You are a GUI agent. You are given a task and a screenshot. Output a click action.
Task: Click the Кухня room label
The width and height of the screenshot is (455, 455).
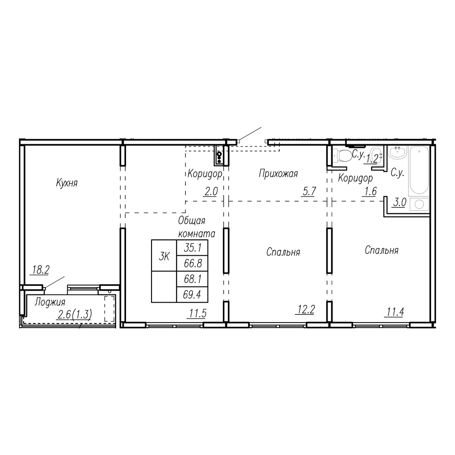tap(67, 183)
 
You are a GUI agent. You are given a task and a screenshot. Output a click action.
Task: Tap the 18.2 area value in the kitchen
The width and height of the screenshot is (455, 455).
tap(40, 270)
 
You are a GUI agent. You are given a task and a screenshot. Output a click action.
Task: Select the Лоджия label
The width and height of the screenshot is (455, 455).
tap(50, 303)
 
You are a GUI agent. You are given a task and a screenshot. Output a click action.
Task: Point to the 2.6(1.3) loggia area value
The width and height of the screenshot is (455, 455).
tap(75, 314)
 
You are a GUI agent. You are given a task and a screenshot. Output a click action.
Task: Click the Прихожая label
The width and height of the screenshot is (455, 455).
tap(278, 173)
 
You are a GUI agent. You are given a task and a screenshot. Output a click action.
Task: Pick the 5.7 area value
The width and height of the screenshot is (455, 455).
tap(309, 192)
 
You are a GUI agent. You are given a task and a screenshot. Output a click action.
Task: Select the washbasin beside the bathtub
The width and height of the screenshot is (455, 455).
tap(398, 152)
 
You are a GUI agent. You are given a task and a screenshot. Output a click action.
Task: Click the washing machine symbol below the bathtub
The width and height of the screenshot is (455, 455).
tap(420, 204)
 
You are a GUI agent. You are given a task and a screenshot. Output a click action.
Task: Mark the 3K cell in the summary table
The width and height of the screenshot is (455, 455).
tap(164, 255)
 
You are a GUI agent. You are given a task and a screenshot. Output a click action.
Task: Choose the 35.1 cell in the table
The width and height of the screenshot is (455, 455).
tap(192, 248)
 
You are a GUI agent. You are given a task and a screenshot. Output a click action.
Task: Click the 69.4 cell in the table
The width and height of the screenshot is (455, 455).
tap(192, 295)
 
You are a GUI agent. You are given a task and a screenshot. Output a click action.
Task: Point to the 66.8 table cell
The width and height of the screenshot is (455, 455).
tap(192, 263)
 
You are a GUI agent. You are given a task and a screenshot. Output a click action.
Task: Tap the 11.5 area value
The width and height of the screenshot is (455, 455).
tap(198, 313)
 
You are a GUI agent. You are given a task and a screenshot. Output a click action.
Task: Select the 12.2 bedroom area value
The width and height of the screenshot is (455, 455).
tap(306, 310)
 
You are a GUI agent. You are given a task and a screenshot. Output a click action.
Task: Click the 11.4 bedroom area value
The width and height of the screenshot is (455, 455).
tap(395, 312)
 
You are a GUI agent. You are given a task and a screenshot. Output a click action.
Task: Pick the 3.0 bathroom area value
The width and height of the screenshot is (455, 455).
tap(399, 202)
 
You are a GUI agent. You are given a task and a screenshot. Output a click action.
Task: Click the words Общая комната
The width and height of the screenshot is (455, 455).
tap(197, 227)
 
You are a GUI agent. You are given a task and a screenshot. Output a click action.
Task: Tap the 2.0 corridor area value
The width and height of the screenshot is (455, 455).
tap(211, 192)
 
